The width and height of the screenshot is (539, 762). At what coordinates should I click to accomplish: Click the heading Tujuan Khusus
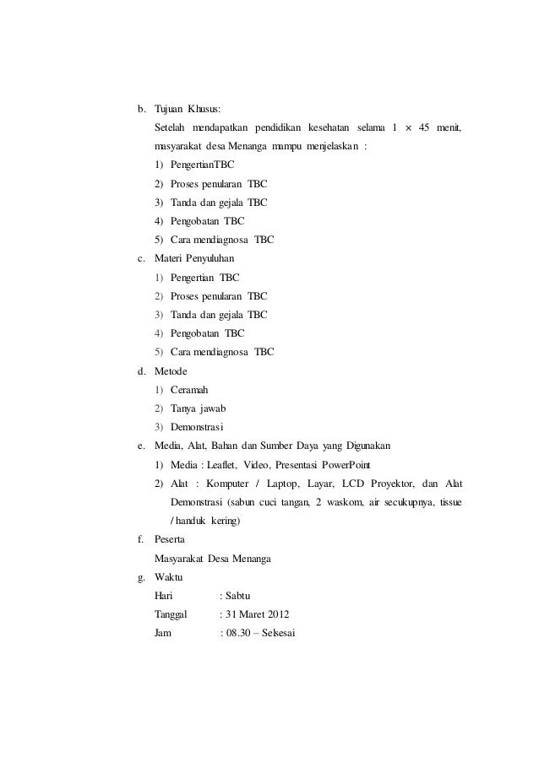[187, 109]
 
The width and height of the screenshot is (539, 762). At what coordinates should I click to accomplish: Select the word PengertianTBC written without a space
[203, 165]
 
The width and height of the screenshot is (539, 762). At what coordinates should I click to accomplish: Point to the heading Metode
[171, 370]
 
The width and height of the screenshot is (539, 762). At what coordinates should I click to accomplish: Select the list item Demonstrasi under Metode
[202, 427]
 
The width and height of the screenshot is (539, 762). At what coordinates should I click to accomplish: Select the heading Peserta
[172, 539]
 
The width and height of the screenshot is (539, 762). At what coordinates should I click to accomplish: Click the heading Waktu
[171, 577]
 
